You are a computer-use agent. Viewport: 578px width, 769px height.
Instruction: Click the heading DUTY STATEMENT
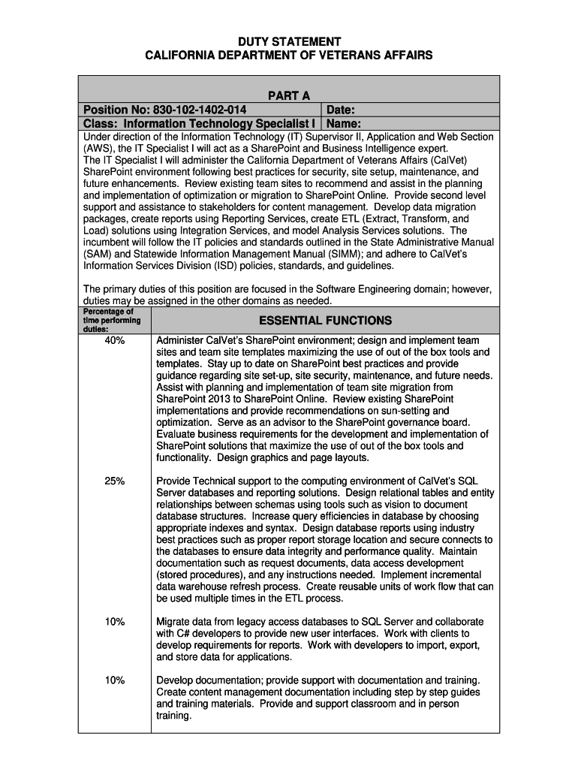289,41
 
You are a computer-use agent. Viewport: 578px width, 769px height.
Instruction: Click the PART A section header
289,95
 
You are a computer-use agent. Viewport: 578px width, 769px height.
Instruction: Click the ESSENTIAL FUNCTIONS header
325,321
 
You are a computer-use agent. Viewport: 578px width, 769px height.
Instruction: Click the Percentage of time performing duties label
108,320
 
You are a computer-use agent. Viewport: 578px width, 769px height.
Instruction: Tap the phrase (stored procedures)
200,575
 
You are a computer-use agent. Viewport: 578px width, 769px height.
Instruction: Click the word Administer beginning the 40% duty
179,340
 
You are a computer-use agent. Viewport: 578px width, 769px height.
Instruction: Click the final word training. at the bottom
174,716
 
